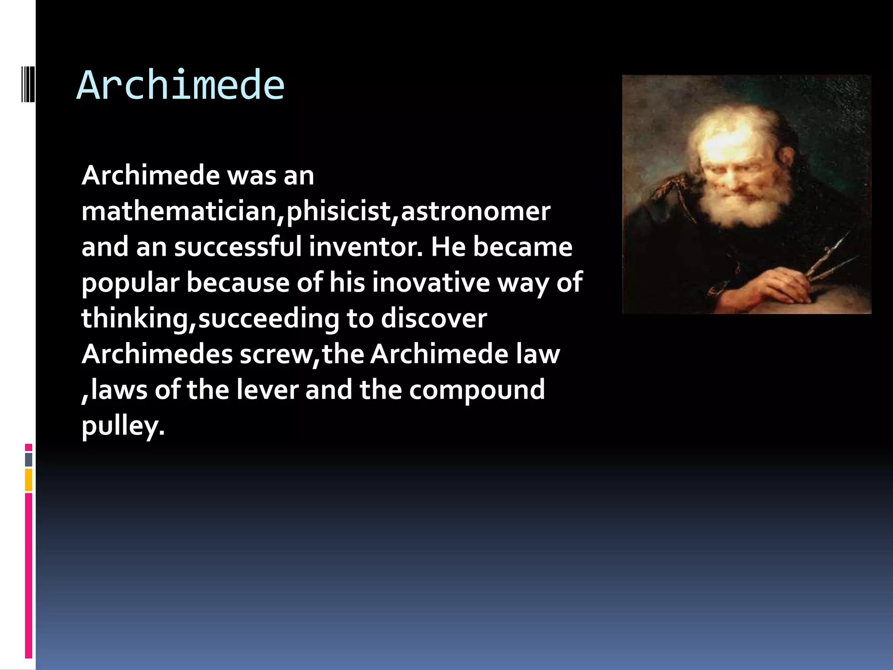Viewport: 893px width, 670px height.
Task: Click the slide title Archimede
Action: pyautogui.click(x=181, y=86)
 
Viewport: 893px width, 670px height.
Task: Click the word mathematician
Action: pyautogui.click(x=179, y=212)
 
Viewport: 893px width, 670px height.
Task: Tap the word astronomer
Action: pyautogui.click(x=475, y=212)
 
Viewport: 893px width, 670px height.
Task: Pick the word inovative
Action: pyautogui.click(x=431, y=283)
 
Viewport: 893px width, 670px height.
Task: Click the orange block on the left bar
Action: pyautogui.click(x=29, y=480)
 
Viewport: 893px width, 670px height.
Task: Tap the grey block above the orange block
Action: pyautogui.click(x=29, y=460)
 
